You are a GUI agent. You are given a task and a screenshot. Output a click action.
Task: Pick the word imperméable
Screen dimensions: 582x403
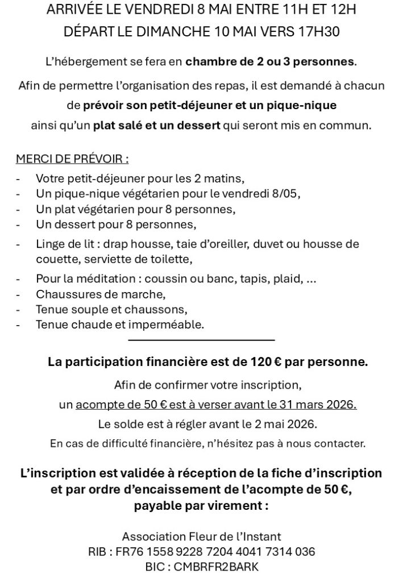click(170, 325)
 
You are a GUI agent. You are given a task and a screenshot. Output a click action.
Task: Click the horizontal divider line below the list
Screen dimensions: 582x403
click(202, 340)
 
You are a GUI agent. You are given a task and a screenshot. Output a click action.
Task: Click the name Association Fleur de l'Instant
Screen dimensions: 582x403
click(202, 537)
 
